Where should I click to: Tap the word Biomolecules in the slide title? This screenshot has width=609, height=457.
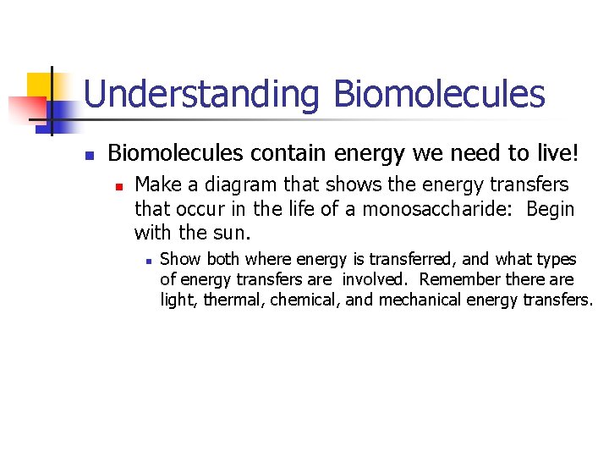(439, 94)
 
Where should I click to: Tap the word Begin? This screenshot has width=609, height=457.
(550, 208)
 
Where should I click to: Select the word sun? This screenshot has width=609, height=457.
(233, 232)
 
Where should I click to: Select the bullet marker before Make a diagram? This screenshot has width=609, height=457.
(119, 185)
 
